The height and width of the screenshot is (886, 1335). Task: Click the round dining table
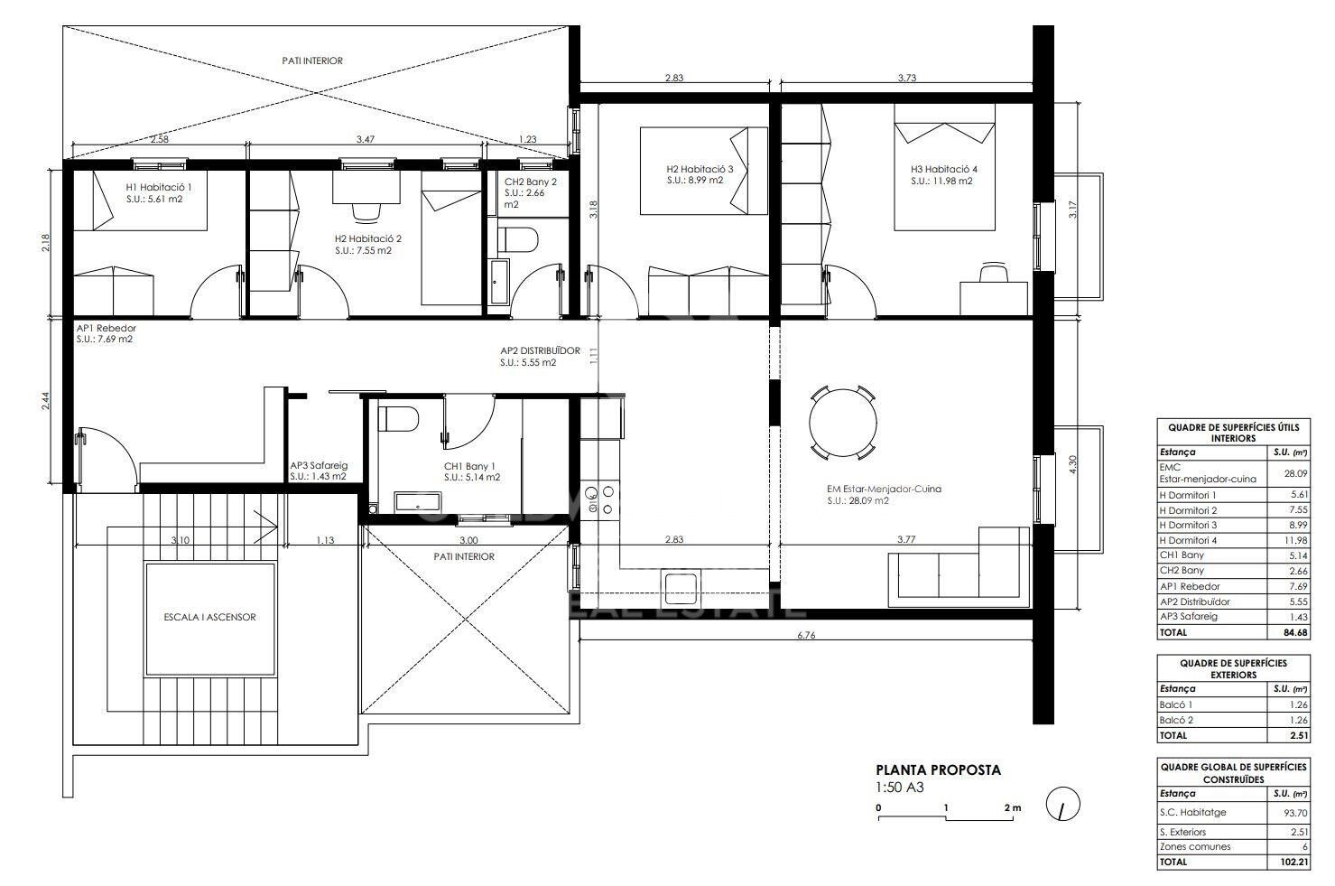843,423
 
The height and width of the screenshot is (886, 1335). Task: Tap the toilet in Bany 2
517,239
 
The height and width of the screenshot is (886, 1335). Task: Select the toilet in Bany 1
398,419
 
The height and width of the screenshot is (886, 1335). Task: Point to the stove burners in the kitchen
599,499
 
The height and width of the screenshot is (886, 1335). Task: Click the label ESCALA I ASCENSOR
209,617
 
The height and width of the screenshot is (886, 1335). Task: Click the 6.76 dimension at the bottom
806,635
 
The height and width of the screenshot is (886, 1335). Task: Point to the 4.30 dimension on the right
1072,464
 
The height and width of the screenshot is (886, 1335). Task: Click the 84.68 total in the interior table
1295,632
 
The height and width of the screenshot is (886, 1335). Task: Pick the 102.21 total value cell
1293,862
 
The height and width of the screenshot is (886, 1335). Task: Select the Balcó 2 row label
1176,720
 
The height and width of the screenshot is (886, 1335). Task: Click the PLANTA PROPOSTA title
938,769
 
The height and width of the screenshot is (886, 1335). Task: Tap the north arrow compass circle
1062,804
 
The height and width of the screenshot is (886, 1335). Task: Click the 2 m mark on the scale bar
1013,808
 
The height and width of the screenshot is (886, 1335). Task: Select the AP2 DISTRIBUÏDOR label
540,350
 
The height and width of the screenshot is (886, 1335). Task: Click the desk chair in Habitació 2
366,211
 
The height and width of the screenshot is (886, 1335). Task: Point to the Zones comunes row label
1195,846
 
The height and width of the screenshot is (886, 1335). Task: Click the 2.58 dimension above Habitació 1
159,139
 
